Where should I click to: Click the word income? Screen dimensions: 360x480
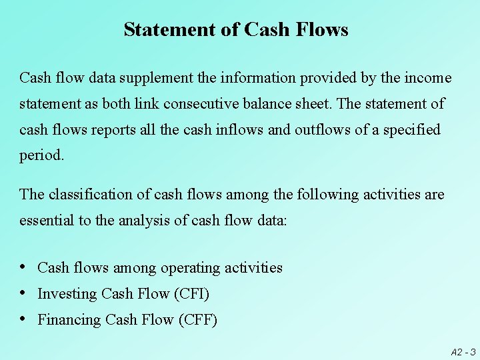click(427, 78)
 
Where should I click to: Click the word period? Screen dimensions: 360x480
click(41, 156)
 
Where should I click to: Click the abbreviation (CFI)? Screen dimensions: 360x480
click(191, 294)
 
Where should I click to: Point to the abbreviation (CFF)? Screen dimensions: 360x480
click(198, 320)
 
